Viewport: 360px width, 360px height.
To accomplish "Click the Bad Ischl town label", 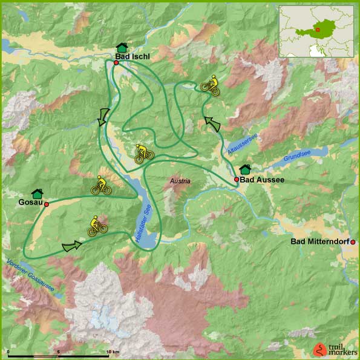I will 132,57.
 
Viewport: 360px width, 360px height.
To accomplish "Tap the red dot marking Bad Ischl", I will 116,63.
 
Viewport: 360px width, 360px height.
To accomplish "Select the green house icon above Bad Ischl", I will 122,47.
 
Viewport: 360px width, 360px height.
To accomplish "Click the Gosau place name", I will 30,203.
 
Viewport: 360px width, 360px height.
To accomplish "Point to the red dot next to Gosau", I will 46,205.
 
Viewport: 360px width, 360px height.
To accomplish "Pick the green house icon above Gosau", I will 37,193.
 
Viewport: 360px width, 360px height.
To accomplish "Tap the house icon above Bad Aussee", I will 245,169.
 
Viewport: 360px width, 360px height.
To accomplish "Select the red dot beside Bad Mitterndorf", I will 352,242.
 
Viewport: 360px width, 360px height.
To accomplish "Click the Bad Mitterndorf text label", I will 319,242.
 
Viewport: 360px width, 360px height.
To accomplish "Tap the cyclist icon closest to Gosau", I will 100,186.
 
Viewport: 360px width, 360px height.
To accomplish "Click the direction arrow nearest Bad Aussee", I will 213,124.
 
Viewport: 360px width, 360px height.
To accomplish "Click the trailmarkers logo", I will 333,349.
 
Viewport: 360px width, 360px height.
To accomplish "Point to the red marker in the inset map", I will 316,28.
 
